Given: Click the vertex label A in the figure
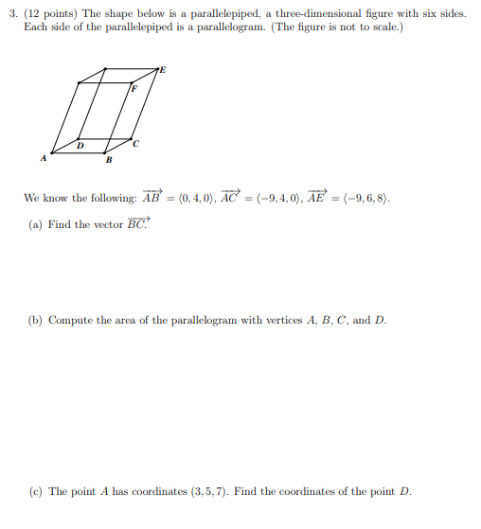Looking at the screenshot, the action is [x=42, y=159].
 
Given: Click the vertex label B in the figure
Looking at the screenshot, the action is [x=109, y=160].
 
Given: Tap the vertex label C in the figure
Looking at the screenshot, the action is [x=136, y=144].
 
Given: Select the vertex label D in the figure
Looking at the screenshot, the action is [x=80, y=145].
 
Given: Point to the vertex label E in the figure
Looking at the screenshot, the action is [x=162, y=69].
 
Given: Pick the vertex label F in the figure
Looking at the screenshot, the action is [x=134, y=88].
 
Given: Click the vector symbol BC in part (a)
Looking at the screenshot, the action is [x=137, y=223].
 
